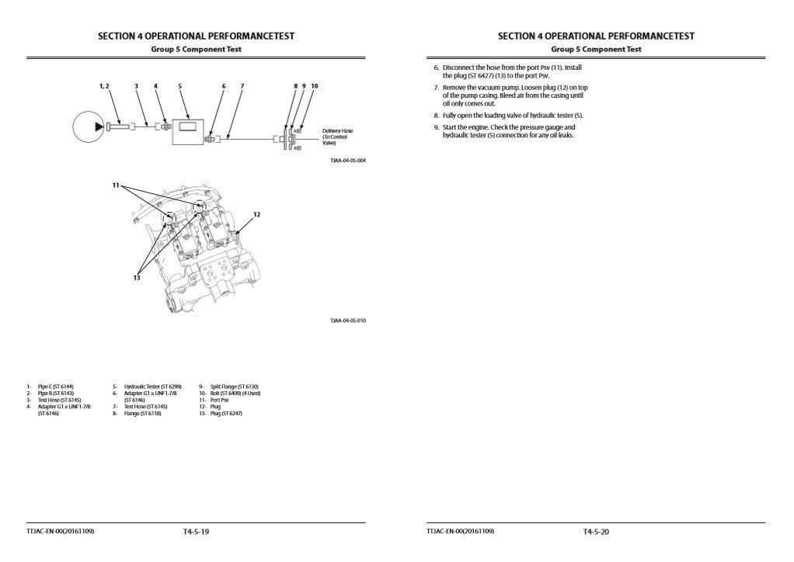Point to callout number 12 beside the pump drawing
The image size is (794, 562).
256,213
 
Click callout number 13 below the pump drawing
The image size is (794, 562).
136,277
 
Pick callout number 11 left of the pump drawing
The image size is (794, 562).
116,186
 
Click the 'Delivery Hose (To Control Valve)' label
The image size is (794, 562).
337,137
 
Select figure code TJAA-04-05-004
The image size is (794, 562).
347,161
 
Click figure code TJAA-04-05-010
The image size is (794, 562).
347,321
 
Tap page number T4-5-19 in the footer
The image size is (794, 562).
197,532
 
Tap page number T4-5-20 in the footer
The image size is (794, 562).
596,532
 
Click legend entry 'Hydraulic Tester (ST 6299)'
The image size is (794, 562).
152,387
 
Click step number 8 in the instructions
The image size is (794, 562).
436,115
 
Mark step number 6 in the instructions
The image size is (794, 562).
436,68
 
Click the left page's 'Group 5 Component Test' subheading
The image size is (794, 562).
196,50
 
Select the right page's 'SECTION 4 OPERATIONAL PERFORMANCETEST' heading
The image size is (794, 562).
596,36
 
